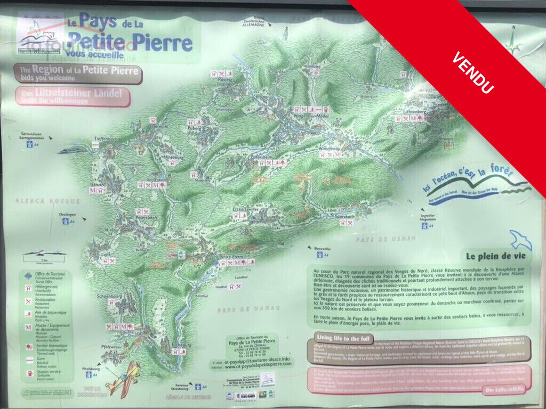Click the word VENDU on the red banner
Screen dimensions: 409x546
tap(472, 73)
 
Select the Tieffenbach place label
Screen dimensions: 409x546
tap(106, 138)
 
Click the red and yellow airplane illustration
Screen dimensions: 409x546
tap(124, 378)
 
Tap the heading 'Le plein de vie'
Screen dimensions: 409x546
tap(493, 256)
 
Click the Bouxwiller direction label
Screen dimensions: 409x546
tap(325, 248)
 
